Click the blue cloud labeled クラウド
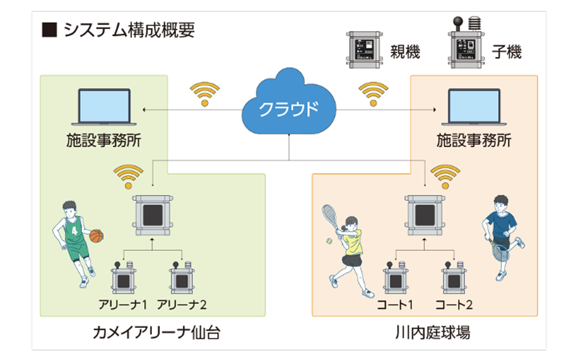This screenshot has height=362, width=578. point(288,108)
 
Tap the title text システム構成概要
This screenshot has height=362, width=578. point(128,31)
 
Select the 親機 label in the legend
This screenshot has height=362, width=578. point(405,52)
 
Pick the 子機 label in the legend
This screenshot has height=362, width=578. point(506,52)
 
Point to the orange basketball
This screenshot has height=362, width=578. point(96,236)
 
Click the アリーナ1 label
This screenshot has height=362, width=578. point(123,305)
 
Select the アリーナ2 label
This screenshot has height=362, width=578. point(182,305)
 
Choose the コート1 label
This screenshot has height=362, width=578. point(395,305)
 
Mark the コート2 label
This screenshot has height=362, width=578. point(454,305)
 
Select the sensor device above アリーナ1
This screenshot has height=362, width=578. point(124,279)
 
